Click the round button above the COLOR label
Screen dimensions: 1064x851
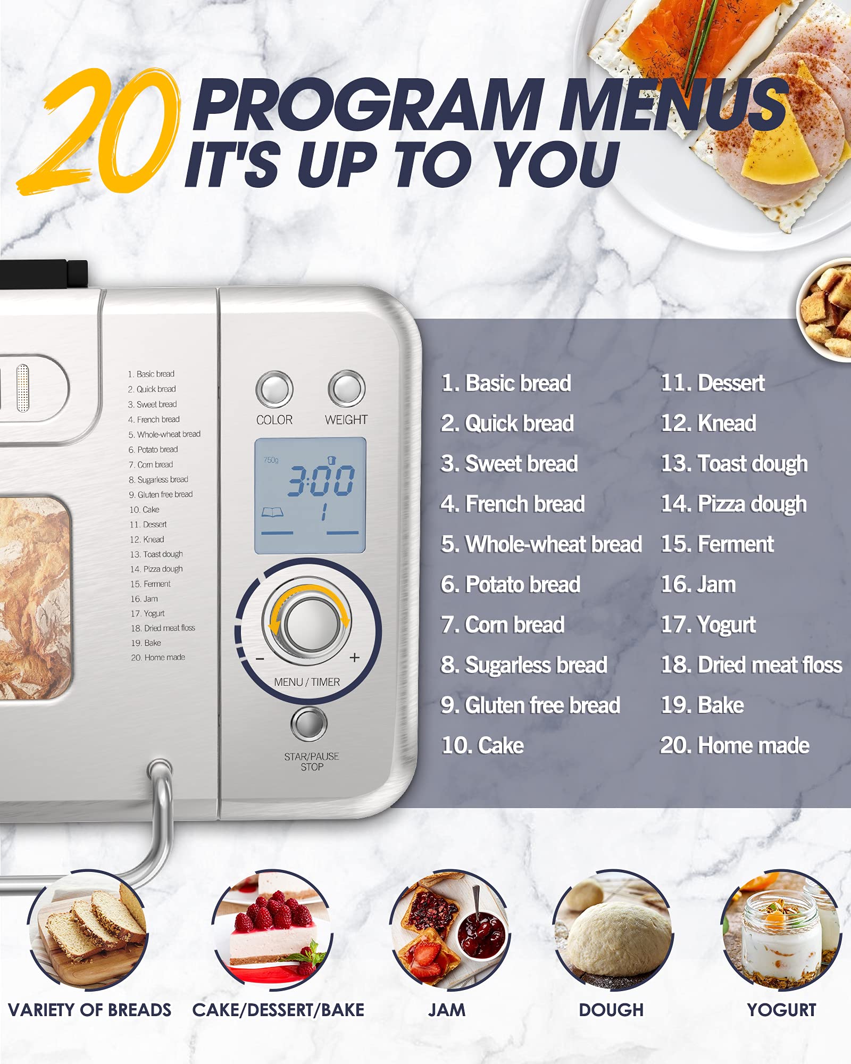coord(274,389)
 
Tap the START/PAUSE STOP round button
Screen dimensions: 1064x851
coord(309,724)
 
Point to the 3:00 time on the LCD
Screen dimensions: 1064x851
coord(321,480)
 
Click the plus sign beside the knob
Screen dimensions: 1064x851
coord(355,658)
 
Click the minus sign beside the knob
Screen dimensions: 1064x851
coord(260,659)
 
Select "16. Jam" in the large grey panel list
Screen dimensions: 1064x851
coord(698,585)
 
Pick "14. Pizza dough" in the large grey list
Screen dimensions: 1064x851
coord(733,504)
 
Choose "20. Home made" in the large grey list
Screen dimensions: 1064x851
coord(735,745)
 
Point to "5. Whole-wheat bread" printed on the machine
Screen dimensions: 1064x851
coord(164,435)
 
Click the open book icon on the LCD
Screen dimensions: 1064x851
coord(272,512)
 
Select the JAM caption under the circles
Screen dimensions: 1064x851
coord(447,1010)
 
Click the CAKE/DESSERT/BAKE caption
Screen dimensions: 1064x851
coord(278,1010)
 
